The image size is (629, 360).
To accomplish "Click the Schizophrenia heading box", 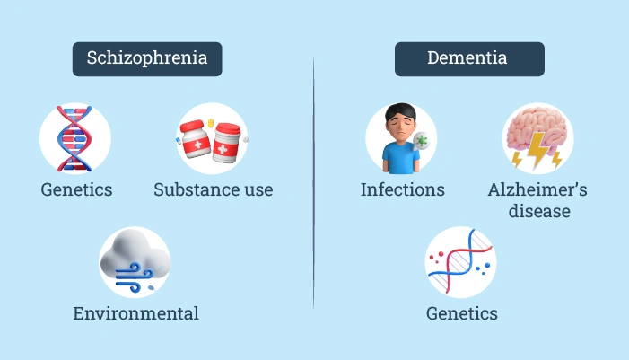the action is coord(147,59).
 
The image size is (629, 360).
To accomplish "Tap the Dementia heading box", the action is coord(469,59).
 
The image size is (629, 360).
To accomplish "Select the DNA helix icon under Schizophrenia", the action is coord(74,138).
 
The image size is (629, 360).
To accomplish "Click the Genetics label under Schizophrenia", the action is coord(76,189).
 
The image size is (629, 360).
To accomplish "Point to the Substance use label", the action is coord(214,189).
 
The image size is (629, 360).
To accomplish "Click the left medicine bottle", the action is coord(196,139).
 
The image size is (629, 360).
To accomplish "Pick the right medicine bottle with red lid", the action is coord(227,143).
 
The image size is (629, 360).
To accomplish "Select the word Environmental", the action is coord(136,313).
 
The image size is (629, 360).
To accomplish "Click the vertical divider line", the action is coord(313,182).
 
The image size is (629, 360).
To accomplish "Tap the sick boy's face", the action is coord(401,125).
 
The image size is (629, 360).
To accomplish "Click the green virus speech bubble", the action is coord(421,141).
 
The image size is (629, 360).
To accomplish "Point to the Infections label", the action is coord(402,189).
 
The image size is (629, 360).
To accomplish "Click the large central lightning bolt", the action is coord(537,150).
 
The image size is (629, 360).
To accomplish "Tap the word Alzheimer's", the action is coord(537,189).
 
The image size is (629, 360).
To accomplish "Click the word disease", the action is coord(539,211).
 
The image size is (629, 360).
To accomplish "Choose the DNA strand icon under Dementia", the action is coord(460,261).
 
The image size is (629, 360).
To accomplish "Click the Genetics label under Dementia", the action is coord(462,313).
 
